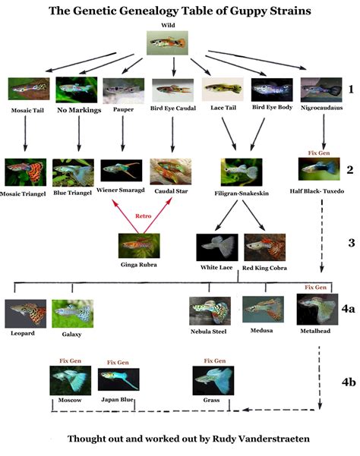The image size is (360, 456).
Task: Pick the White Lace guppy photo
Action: click(216, 247)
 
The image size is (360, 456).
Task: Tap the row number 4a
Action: click(347, 310)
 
